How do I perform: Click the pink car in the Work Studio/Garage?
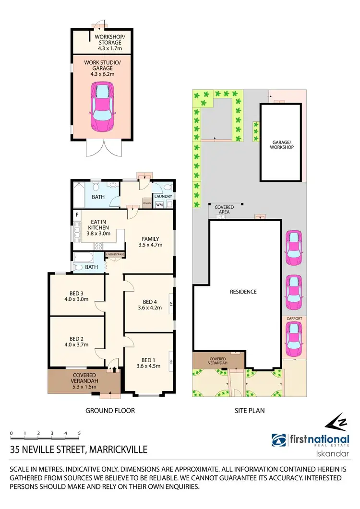(102, 107)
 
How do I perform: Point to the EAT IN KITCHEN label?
(98, 227)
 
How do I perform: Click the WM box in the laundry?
(159, 204)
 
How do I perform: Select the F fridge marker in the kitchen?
(76, 215)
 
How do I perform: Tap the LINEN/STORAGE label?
(115, 254)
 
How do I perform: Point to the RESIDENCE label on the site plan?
(243, 292)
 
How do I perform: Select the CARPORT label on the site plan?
(292, 318)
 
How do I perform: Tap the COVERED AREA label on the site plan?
(224, 209)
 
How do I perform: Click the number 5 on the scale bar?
(79, 433)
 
